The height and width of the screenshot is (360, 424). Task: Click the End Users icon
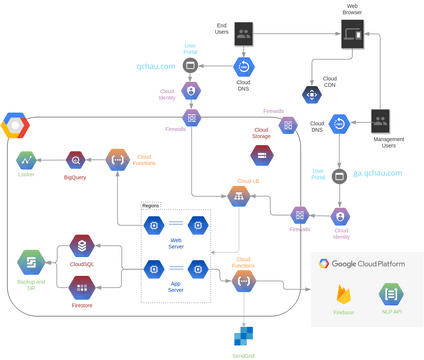click(243, 34)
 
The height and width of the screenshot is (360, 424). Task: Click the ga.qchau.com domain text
click(377, 173)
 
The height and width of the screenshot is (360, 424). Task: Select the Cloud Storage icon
click(261, 154)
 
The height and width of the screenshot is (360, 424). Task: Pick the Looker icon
click(26, 159)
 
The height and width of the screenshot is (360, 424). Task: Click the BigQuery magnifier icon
click(75, 159)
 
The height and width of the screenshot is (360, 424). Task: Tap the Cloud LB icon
click(238, 196)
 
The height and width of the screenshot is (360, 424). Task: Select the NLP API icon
click(391, 294)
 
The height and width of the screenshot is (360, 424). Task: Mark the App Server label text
click(176, 284)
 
